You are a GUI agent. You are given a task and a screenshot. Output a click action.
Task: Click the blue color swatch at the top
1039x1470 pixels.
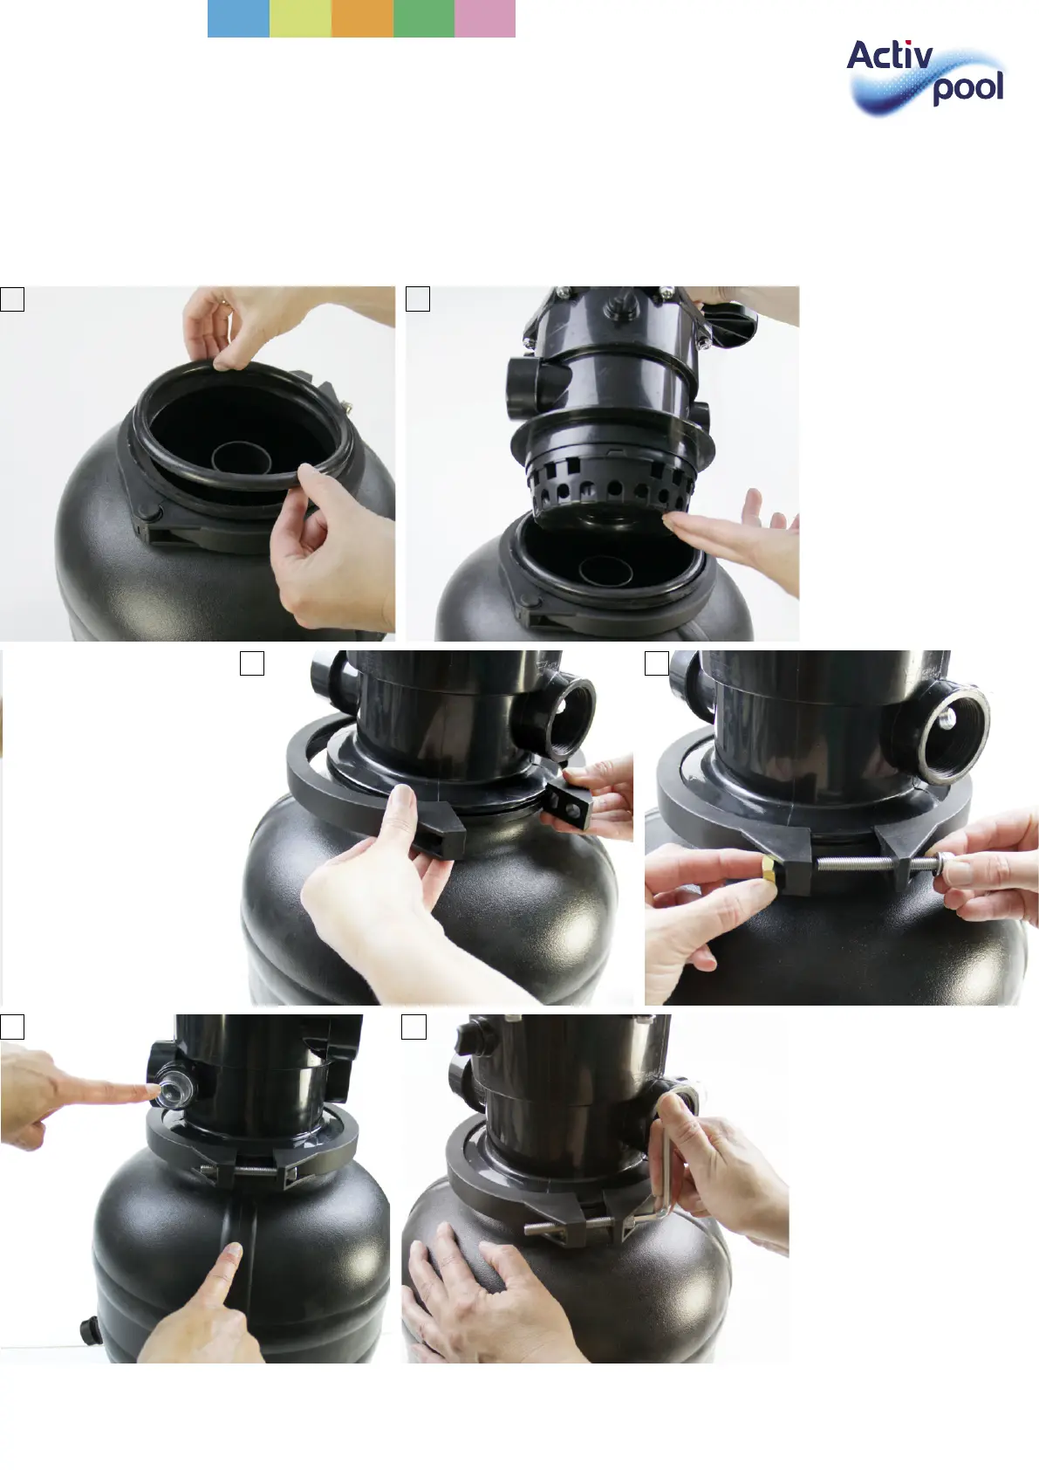(x=238, y=18)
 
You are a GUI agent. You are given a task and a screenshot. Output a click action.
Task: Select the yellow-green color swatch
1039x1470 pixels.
(x=300, y=18)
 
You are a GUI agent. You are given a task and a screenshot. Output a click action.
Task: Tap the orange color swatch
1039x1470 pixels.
(x=362, y=18)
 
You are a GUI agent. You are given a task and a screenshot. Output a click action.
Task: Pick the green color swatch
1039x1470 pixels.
(x=424, y=18)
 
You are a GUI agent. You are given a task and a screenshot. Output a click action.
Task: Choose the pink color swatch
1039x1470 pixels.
(x=485, y=18)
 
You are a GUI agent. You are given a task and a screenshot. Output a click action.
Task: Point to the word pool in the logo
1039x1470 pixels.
(x=967, y=88)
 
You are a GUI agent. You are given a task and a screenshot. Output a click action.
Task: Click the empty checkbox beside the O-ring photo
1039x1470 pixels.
(x=12, y=299)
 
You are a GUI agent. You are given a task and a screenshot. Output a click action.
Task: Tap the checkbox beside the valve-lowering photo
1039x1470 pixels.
(x=418, y=299)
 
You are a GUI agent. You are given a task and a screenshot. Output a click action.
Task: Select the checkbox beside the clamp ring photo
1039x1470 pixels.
(x=252, y=663)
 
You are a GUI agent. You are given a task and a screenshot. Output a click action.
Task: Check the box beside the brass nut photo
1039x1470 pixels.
(x=657, y=663)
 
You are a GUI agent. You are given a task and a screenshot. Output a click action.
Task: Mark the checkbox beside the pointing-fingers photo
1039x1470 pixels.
(x=12, y=1027)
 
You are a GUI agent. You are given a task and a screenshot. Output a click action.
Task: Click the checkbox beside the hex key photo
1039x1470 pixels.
(x=414, y=1027)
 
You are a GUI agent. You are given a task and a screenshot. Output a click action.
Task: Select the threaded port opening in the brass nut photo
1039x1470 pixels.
(x=954, y=723)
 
